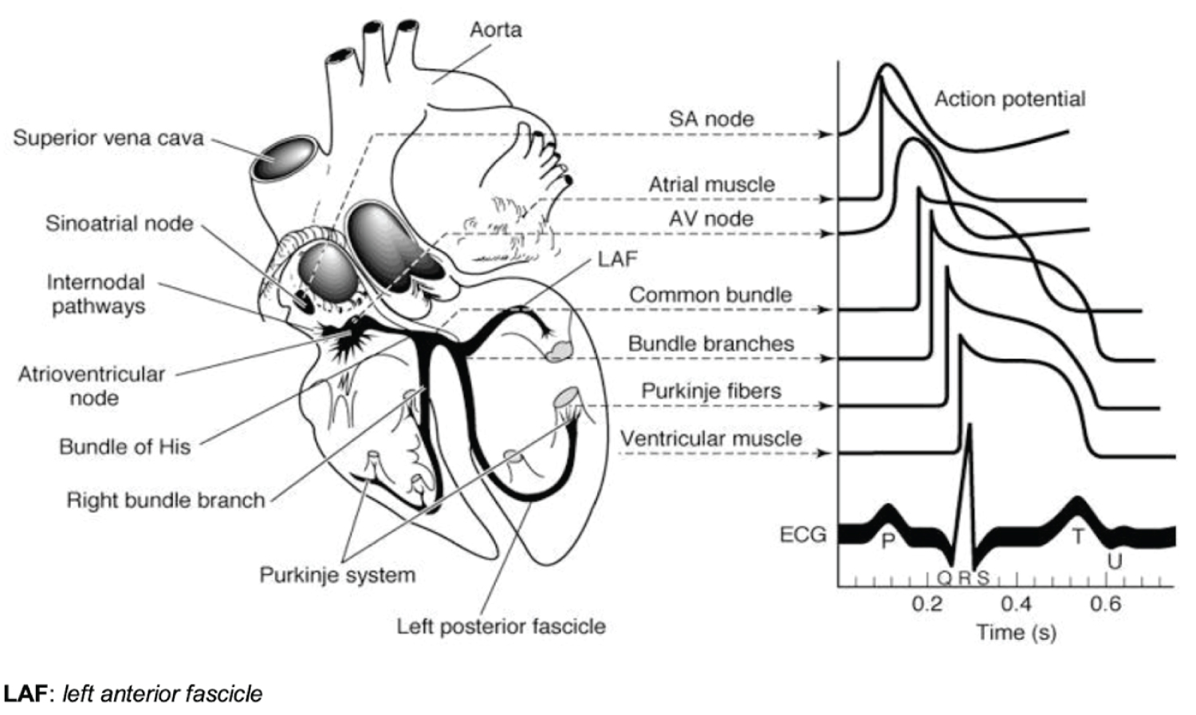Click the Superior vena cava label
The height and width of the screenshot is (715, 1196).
pos(108,138)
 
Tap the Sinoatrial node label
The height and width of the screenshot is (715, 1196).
pos(120,223)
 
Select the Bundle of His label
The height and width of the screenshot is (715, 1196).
pos(125,447)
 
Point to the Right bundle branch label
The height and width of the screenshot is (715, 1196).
pos(166,500)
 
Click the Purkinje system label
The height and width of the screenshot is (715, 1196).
pos(337,575)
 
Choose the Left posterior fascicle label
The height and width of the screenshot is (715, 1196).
pos(502,626)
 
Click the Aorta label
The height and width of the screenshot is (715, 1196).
pos(496,30)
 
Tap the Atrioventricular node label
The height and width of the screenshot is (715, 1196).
pos(92,385)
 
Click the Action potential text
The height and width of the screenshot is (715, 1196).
pos(1009,99)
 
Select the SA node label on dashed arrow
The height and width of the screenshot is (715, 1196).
pos(711,120)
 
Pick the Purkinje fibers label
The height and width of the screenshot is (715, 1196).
pos(711,391)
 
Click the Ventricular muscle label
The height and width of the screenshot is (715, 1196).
pos(711,439)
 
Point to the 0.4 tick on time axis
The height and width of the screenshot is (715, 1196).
pos(1017,603)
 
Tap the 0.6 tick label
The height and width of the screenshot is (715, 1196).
pos(1105,603)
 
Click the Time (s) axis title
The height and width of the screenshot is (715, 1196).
pos(1017,633)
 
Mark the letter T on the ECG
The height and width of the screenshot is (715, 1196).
pos(1078,536)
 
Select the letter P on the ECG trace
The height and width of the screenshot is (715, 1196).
pos(888,541)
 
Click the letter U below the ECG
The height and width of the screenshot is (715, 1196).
pos(1115,562)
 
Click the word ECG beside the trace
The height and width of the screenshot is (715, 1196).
pos(803,534)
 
